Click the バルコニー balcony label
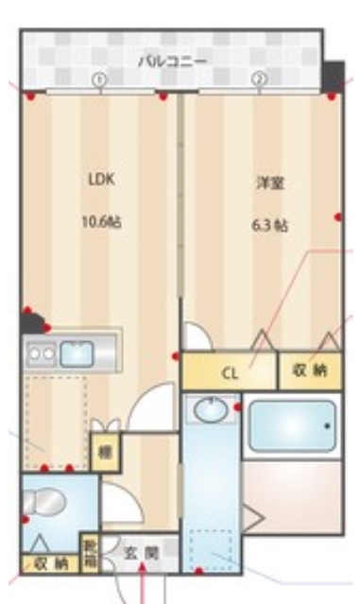pyautogui.click(x=172, y=60)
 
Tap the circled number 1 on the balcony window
pyautogui.click(x=98, y=79)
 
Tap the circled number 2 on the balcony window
pyautogui.click(x=257, y=79)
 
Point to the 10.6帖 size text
pyautogui.click(x=101, y=222)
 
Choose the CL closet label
pyautogui.click(x=230, y=371)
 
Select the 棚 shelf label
pyautogui.click(x=105, y=453)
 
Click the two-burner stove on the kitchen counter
pyautogui.click(x=41, y=354)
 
